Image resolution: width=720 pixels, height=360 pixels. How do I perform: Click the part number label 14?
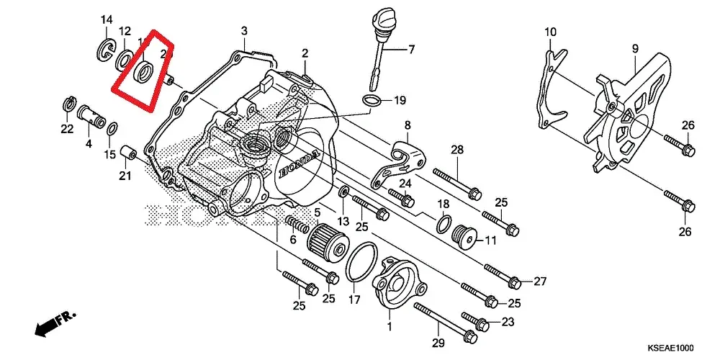106,19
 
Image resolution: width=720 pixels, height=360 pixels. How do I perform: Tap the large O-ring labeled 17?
361,262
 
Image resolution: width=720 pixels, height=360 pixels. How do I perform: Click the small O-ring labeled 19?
372,100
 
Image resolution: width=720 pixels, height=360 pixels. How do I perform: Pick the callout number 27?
540,281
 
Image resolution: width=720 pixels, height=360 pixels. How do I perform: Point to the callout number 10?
550,32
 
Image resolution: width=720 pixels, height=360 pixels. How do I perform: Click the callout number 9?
636,48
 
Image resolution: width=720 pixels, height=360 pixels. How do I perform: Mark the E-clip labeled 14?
104,51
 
